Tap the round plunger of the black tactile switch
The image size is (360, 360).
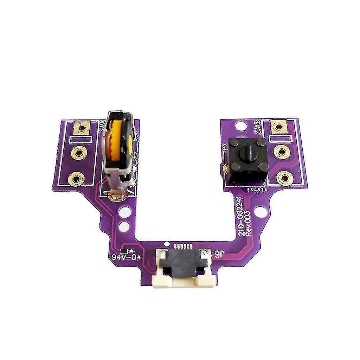tap(246, 153)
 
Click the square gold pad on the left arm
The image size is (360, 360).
tap(82, 128)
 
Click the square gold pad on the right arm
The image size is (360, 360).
tap(278, 126)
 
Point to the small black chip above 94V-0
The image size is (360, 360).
tap(123, 250)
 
